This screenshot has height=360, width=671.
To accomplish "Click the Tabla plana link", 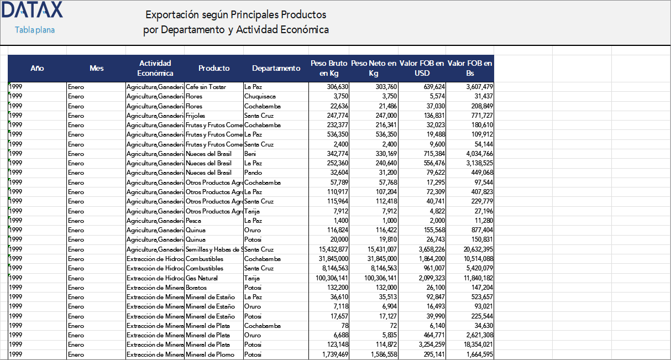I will click(x=35, y=30).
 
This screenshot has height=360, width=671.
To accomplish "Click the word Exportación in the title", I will click(x=171, y=14).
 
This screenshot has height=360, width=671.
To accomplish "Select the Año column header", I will click(x=37, y=68).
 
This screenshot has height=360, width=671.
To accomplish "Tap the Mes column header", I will click(x=96, y=68).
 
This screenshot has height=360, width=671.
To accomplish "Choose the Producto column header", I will click(x=214, y=68).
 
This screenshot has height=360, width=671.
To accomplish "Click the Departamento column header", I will click(x=276, y=68).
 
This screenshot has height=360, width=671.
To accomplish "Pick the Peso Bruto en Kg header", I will click(x=329, y=68).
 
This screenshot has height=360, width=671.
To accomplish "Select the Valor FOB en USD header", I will click(x=422, y=68).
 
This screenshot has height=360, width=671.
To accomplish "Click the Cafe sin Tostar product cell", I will click(x=206, y=87).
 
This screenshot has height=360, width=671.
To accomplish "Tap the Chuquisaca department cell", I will click(x=260, y=96).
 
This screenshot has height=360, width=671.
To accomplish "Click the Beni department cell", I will click(x=250, y=154).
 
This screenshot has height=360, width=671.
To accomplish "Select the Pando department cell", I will click(x=253, y=173).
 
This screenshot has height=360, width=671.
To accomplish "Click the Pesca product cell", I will click(x=194, y=221).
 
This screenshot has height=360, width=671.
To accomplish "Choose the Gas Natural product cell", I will click(x=202, y=278).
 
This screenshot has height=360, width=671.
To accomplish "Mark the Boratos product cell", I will click(x=196, y=288).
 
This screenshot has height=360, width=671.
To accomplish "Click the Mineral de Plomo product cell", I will click(x=209, y=354).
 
